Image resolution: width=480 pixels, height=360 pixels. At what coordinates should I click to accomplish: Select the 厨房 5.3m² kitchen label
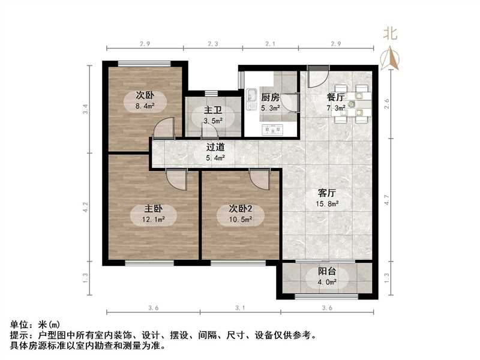point(270,102)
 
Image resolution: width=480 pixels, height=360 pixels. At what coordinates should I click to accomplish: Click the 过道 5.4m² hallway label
point(215,152)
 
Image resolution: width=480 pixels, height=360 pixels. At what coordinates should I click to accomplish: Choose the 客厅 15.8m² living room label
point(328,198)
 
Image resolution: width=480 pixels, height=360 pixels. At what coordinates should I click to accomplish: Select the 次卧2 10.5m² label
point(240,214)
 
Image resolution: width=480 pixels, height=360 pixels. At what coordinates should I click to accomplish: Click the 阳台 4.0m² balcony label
point(327,276)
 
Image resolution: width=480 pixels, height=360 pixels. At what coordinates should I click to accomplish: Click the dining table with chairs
point(352,104)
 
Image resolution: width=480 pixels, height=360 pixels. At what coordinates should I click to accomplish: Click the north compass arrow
point(392,58)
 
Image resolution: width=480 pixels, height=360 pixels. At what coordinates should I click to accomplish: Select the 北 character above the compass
point(391,34)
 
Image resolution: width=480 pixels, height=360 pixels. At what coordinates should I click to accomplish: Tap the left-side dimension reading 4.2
point(86,208)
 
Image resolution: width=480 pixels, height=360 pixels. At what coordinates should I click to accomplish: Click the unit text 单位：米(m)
point(35,325)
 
